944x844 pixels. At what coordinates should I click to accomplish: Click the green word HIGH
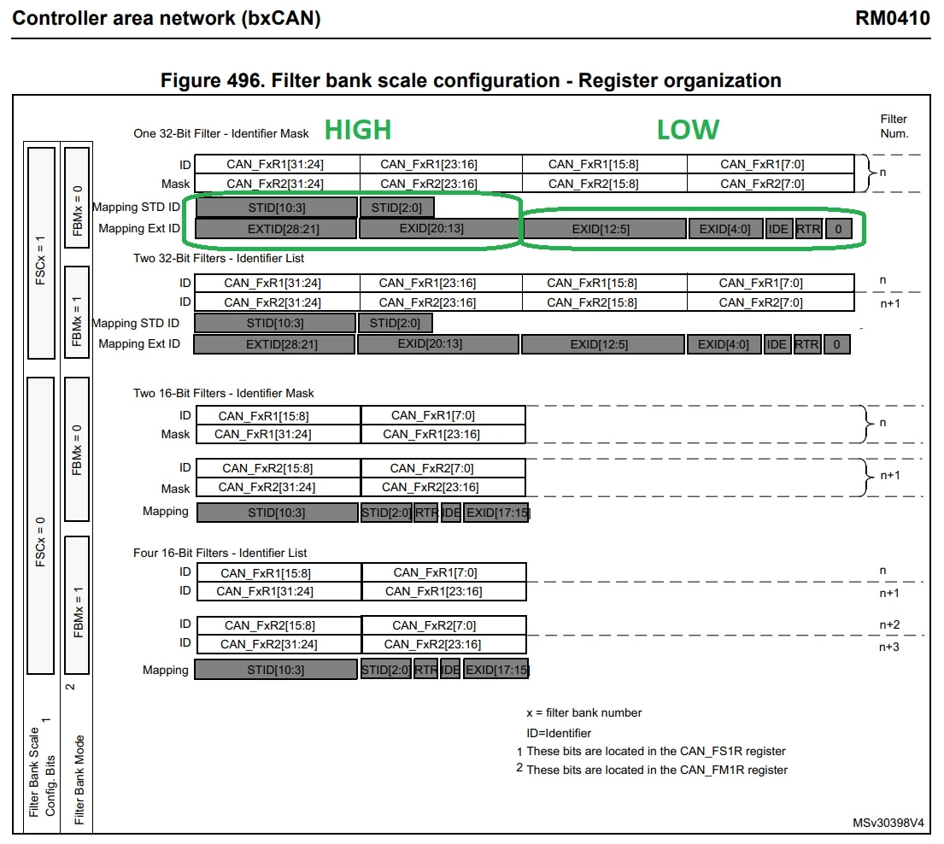(358, 130)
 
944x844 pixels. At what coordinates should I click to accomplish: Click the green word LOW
(688, 130)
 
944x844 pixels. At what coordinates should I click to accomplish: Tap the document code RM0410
(893, 18)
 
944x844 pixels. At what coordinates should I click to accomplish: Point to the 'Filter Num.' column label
(894, 126)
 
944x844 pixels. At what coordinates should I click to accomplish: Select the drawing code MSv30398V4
(888, 823)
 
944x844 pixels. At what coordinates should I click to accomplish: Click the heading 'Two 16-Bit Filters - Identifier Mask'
(223, 393)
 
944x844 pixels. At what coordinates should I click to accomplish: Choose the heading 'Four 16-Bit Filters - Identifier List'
(220, 553)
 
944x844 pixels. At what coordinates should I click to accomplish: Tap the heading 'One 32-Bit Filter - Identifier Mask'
(221, 133)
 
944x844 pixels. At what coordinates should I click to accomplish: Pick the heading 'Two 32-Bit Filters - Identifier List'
(219, 258)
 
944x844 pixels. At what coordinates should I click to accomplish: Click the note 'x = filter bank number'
(584, 712)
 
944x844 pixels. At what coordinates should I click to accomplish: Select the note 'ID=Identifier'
(559, 733)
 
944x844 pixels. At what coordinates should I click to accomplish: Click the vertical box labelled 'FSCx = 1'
(41, 253)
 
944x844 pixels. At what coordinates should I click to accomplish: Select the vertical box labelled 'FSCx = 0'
(40, 525)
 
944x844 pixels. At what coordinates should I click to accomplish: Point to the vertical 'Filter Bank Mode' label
(79, 780)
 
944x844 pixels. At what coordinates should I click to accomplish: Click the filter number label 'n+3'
(889, 648)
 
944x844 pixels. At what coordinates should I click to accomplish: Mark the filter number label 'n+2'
(889, 624)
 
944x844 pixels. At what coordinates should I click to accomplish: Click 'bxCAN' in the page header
(281, 18)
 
